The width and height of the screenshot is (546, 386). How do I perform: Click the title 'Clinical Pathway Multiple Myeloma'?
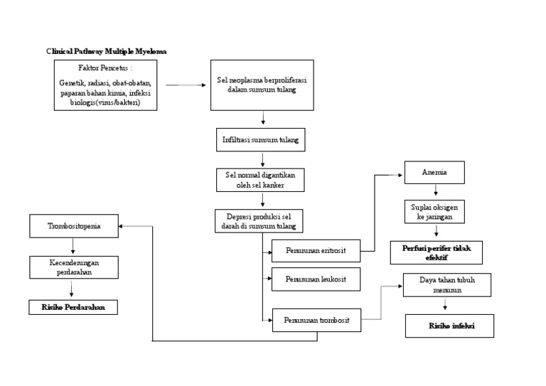107,52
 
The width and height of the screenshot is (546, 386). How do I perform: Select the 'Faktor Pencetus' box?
105,85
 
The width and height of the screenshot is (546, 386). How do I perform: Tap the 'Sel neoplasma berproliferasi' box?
262,85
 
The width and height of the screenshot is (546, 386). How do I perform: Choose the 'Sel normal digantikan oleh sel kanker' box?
260,180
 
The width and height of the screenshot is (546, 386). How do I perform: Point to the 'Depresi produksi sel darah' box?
259,220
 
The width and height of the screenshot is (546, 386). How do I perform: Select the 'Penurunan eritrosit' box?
316,251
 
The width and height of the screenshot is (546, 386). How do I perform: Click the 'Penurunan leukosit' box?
316,279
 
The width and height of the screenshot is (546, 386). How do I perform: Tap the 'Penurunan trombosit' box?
316,320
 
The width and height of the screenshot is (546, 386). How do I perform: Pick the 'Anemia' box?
434,173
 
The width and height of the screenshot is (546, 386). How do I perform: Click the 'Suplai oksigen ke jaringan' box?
435,211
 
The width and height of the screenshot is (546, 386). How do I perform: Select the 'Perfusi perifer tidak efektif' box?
436,252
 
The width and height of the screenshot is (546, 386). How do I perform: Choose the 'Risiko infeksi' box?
449,326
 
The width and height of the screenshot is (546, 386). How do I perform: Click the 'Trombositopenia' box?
74,227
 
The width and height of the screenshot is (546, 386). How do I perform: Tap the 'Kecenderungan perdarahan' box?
74,267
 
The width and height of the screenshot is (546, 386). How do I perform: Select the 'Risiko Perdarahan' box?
73,307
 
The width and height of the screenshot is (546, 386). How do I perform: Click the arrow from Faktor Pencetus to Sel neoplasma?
183,85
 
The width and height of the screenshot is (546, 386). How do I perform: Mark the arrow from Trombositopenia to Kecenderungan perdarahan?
73,247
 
